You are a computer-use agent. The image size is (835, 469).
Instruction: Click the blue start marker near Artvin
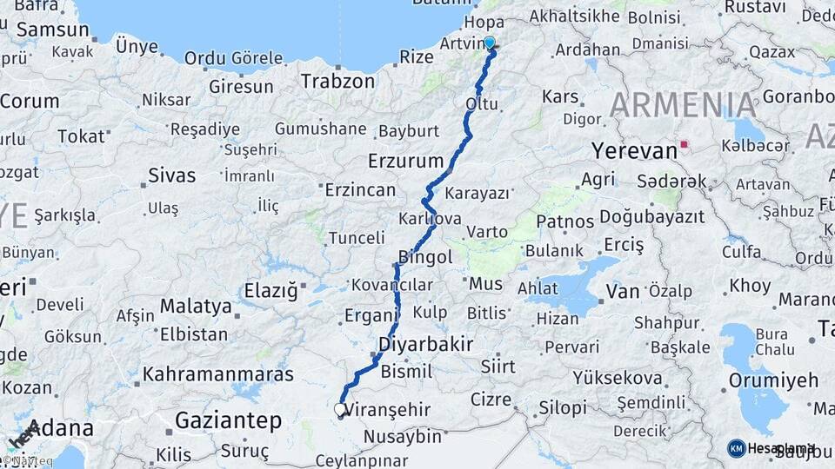pos(490,43)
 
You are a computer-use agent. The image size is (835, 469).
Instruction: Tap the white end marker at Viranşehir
pos(340,408)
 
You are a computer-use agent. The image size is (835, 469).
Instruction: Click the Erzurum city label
pos(405,161)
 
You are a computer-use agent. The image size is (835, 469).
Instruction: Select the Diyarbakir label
pos(425,344)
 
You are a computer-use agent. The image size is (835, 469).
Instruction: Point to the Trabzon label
pos(337,81)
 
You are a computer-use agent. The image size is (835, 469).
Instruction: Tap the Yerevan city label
pos(634,150)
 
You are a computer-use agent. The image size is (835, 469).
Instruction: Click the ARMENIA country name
pos(683,105)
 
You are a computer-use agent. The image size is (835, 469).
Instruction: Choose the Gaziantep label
pos(229,421)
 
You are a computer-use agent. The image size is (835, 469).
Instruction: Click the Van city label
pos(623,292)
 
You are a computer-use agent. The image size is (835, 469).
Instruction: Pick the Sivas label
pos(171,175)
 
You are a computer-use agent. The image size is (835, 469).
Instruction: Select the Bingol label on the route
pos(425,257)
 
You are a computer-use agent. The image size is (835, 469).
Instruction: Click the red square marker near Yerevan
pos(685,145)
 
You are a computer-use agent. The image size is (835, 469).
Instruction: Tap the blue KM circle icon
pos(737,448)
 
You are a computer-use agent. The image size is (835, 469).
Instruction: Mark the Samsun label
pos(52,30)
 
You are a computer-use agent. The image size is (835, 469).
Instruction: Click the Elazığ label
pos(270,288)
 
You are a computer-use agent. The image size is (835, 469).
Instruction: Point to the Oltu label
pos(483,104)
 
